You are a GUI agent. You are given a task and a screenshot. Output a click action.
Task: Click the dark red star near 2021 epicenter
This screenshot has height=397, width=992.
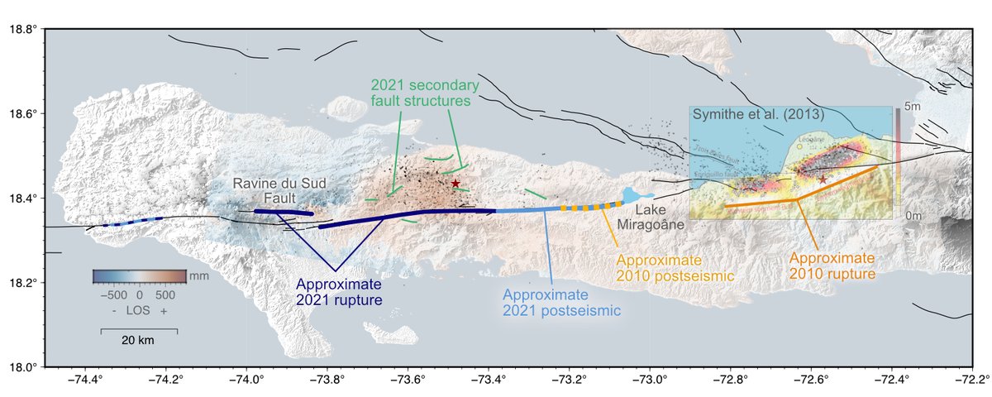pos(455,183)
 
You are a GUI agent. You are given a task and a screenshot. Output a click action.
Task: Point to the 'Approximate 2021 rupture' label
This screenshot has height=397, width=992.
pos(339,292)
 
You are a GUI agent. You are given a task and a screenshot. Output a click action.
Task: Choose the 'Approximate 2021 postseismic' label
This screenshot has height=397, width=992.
pos(561,304)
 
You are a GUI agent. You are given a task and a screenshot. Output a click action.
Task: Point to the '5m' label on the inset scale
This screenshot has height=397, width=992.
pos(912,108)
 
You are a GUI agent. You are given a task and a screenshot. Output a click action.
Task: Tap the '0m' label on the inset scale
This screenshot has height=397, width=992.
pos(912,215)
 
